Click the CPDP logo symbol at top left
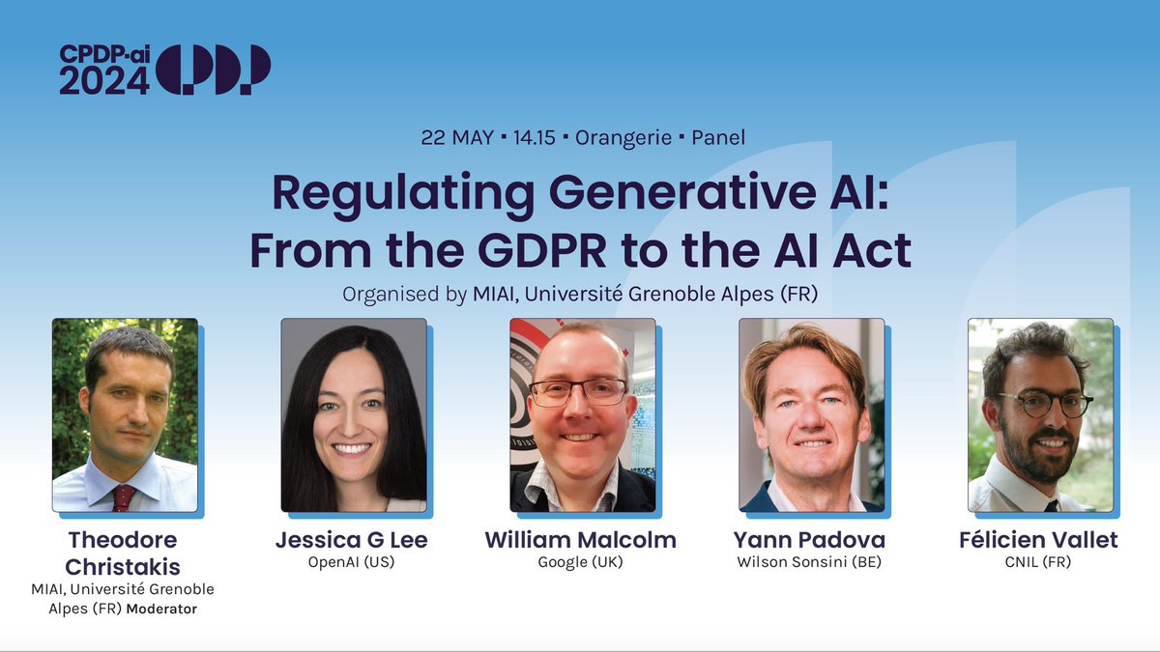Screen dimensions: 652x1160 214,70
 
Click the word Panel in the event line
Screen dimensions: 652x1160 718,137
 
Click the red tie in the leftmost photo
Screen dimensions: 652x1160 124,496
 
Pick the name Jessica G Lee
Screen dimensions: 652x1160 351,540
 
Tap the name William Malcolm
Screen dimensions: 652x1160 582,540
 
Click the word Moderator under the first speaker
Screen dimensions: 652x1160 162,609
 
